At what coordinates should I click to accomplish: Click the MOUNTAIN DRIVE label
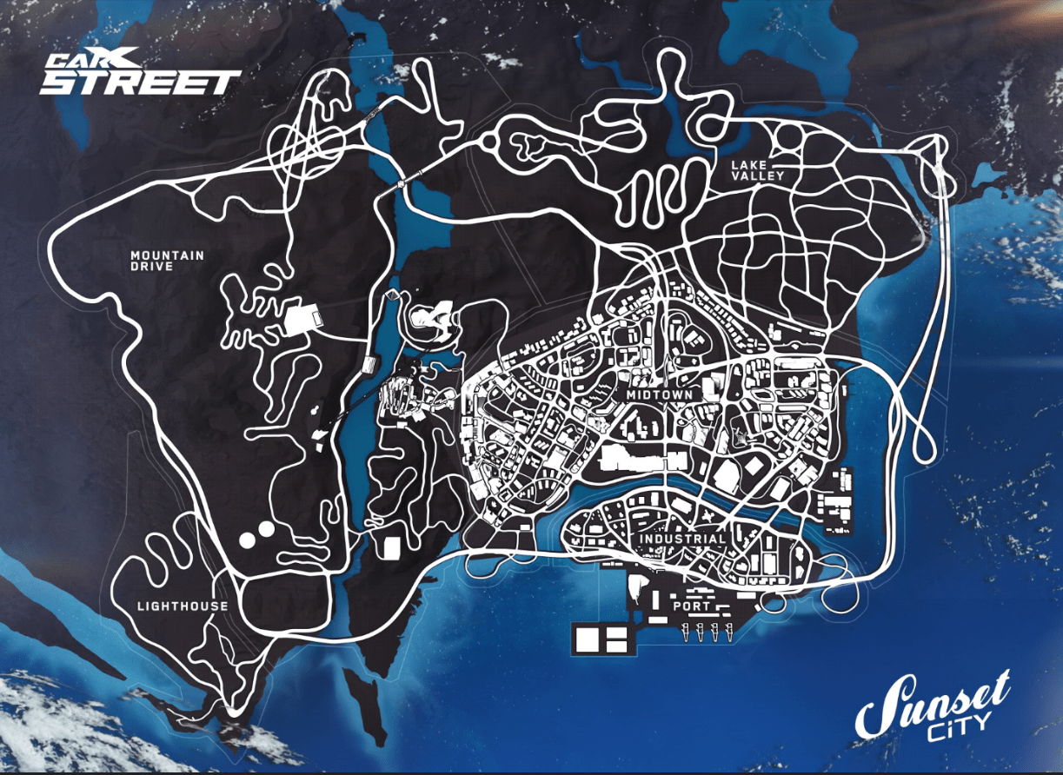(x=167, y=261)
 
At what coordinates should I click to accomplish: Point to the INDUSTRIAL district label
(x=683, y=539)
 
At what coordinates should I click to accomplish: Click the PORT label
(x=692, y=606)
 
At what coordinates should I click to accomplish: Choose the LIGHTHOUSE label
(x=183, y=606)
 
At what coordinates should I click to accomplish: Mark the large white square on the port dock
(x=588, y=639)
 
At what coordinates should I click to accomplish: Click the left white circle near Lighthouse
(x=248, y=540)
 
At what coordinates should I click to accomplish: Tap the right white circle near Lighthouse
(x=266, y=528)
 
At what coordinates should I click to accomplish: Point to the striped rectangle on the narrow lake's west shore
(x=371, y=364)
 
